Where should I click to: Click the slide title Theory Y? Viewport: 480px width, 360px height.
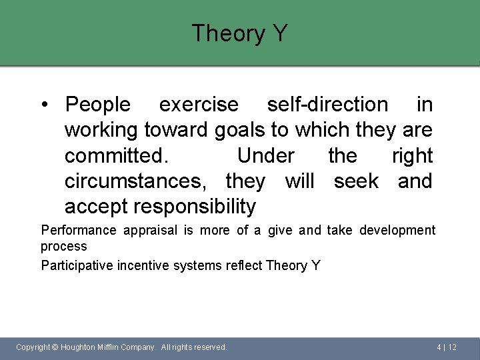[x=239, y=33]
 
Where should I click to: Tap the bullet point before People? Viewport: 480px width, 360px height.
[x=44, y=105]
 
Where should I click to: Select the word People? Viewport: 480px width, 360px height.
[x=98, y=105]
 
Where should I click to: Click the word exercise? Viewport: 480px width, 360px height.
[x=198, y=105]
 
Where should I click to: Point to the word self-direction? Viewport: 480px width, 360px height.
[x=327, y=105]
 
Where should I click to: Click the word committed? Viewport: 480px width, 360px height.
[x=117, y=156]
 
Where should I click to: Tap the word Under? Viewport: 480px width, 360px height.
[x=265, y=156]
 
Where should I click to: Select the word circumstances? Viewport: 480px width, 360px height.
[x=139, y=181]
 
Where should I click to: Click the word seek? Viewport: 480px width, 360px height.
[x=356, y=181]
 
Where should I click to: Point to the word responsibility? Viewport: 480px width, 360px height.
[x=195, y=207]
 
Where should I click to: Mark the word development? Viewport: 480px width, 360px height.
[x=397, y=231]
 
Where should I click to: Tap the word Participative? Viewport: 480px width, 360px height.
[x=77, y=266]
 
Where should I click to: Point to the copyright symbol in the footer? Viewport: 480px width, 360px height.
[x=55, y=347]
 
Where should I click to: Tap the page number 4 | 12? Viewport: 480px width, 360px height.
[x=447, y=347]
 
